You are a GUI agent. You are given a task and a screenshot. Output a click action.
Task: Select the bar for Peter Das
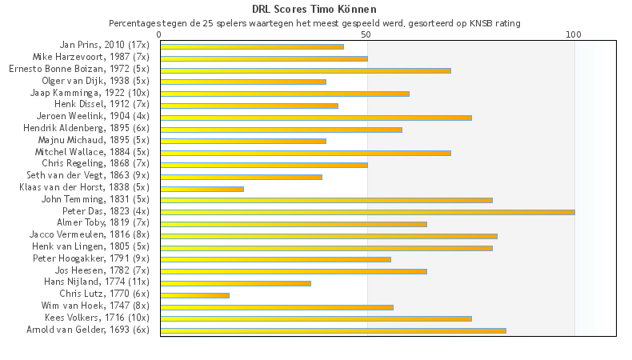click(367, 212)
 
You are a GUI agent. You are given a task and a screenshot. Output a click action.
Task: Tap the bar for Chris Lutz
click(194, 295)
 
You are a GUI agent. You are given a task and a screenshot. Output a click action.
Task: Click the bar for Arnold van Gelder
click(333, 330)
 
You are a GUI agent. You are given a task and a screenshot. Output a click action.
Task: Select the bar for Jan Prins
click(252, 46)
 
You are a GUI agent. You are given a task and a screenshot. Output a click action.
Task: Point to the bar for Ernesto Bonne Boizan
click(306, 70)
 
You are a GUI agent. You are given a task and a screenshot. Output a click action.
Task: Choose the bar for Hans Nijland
click(235, 283)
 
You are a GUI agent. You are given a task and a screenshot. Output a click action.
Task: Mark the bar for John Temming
click(326, 200)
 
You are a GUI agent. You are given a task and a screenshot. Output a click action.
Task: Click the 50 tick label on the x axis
click(366, 34)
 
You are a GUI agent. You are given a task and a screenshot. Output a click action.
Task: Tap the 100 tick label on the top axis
click(574, 34)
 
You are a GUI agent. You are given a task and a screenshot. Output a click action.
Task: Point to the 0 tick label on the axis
click(160, 34)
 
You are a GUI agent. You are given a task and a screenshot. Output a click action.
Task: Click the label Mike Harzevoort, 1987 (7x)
click(90, 58)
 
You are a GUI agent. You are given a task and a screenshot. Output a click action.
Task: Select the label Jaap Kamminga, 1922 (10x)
click(90, 93)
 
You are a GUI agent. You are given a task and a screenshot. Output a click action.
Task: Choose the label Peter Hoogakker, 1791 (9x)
click(91, 258)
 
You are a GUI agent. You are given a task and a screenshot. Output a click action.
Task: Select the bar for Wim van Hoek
click(277, 306)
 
